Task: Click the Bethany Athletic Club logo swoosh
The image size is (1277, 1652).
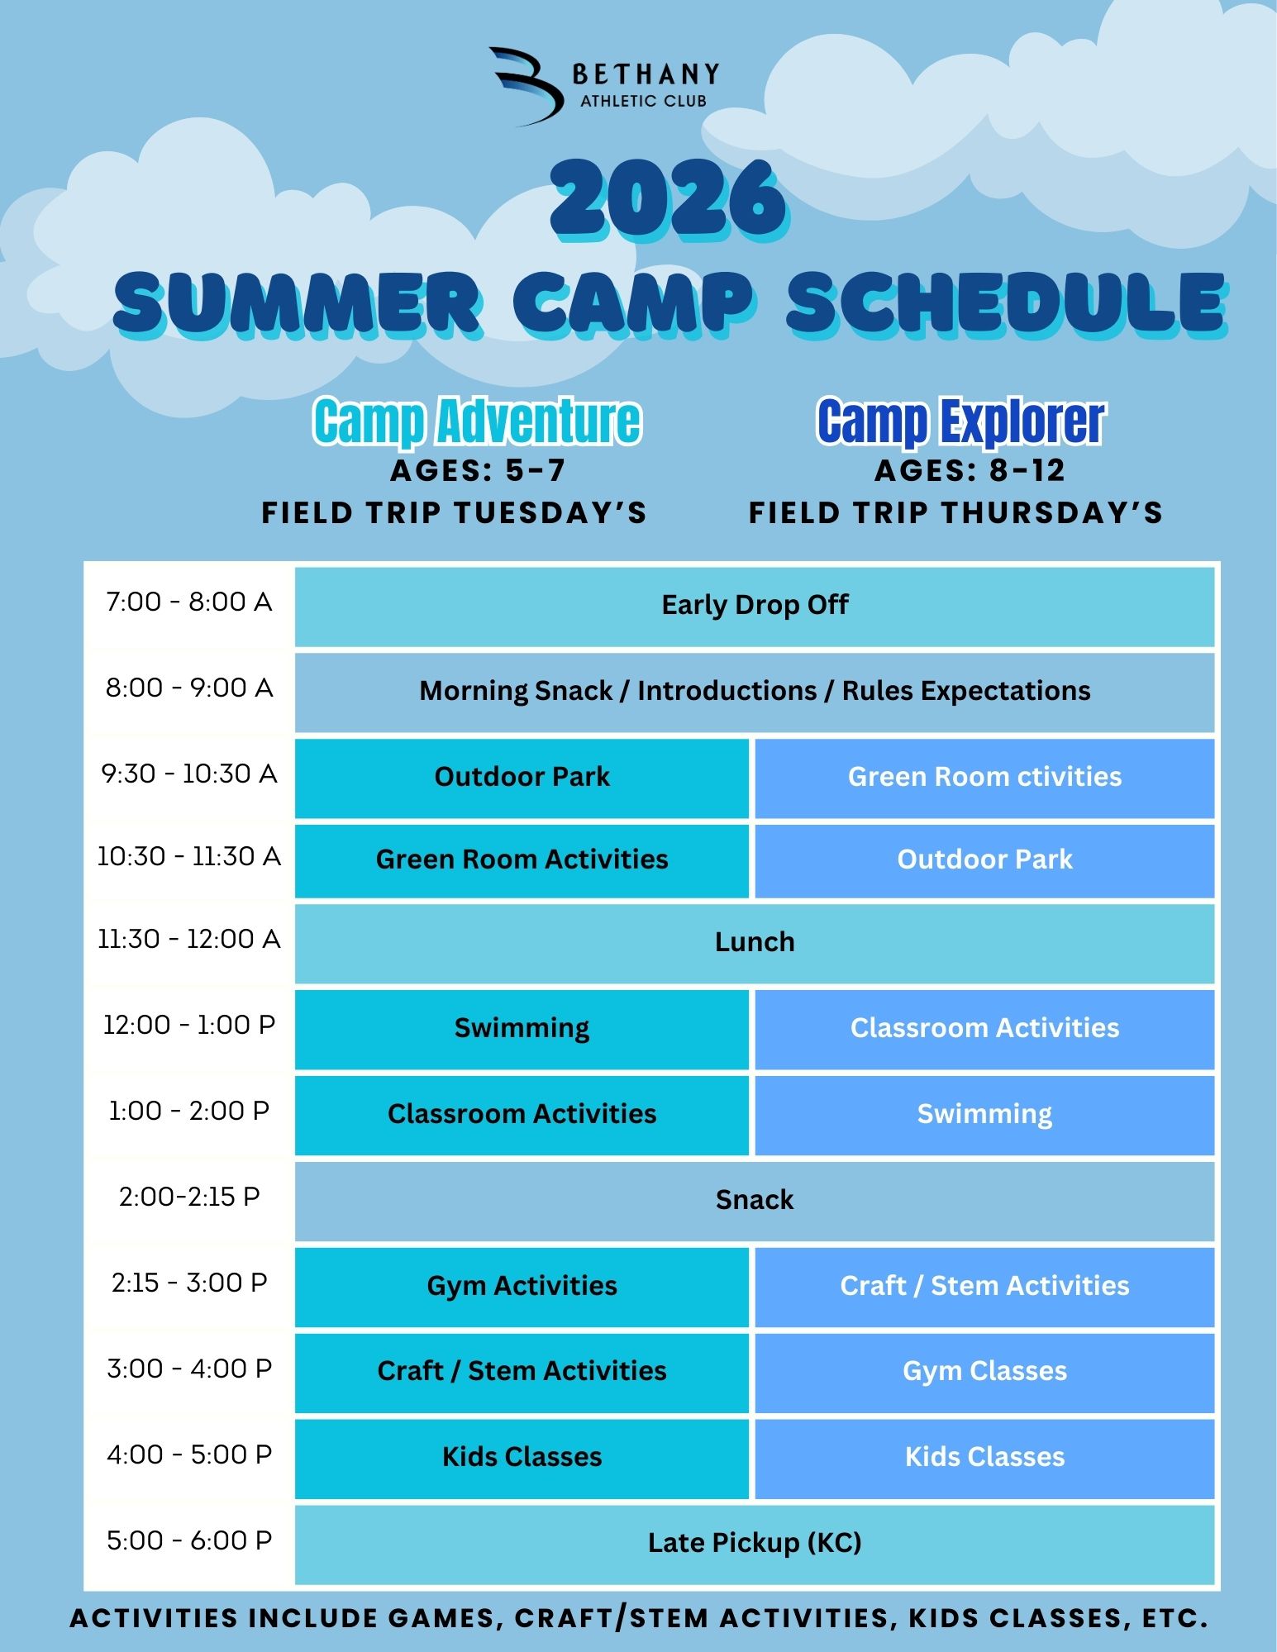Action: coord(529,86)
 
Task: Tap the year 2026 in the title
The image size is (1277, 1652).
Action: coord(669,201)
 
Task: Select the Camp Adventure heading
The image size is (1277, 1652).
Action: coord(477,421)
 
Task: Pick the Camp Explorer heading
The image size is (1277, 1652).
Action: coord(960,421)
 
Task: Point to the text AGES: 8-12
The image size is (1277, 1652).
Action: coord(970,470)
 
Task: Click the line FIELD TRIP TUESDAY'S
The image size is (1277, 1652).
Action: coord(454,512)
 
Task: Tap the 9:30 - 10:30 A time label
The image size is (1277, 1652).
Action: coord(189,774)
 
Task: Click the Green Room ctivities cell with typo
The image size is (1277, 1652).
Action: coord(984,778)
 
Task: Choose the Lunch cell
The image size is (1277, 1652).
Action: coord(755,943)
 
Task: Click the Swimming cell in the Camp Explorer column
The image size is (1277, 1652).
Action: coord(984,1115)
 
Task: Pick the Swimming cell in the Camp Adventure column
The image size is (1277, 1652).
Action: coord(522,1029)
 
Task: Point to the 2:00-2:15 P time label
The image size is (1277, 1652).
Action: coord(189,1197)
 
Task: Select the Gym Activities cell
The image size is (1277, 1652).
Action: coord(522,1287)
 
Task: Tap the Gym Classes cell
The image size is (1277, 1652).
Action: coord(984,1372)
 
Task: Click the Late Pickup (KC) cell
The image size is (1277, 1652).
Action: coord(755,1544)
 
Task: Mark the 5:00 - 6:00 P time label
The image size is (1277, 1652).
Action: coord(189,1540)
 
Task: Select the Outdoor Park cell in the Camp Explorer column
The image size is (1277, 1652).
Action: coord(984,860)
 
